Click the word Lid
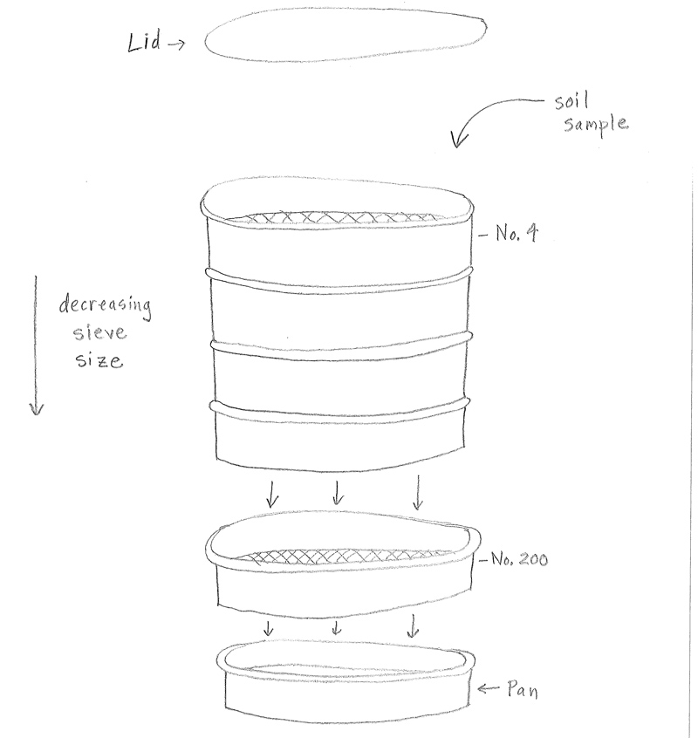coord(145,41)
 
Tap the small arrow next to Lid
coord(176,44)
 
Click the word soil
coord(571,101)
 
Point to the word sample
coord(596,125)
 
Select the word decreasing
coord(106,305)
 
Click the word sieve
coord(100,332)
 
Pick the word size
coord(99,360)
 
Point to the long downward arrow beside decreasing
coord(36,346)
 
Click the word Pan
coord(523,689)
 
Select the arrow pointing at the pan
coord(488,688)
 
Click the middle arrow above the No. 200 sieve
coord(337,492)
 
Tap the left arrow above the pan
coord(268,628)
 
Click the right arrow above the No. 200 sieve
coord(418,492)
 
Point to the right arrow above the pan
coord(413,625)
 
